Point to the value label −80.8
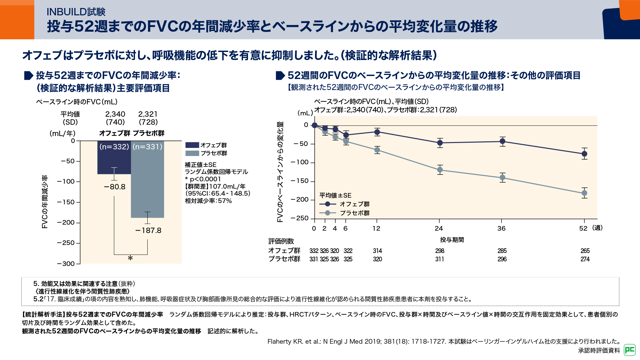pos(115,187)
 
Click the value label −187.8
pos(148,231)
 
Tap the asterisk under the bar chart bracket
pos(130,259)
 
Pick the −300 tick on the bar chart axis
pos(66,264)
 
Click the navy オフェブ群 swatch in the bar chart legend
pos(192,145)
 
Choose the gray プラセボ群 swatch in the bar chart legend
pos(192,153)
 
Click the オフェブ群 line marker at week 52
pos(584,154)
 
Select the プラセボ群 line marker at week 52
pos(584,193)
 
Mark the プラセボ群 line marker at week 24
pos(440,170)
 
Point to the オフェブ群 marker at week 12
pos(377,132)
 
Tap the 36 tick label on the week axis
pos(502,228)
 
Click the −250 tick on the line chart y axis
pos(300,218)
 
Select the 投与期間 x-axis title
pos(452,240)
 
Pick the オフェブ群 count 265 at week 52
pos(585,251)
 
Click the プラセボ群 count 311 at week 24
pos(440,259)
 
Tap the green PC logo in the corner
pos(630,350)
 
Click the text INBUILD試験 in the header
pos(76,12)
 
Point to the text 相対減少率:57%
pos(208,201)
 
